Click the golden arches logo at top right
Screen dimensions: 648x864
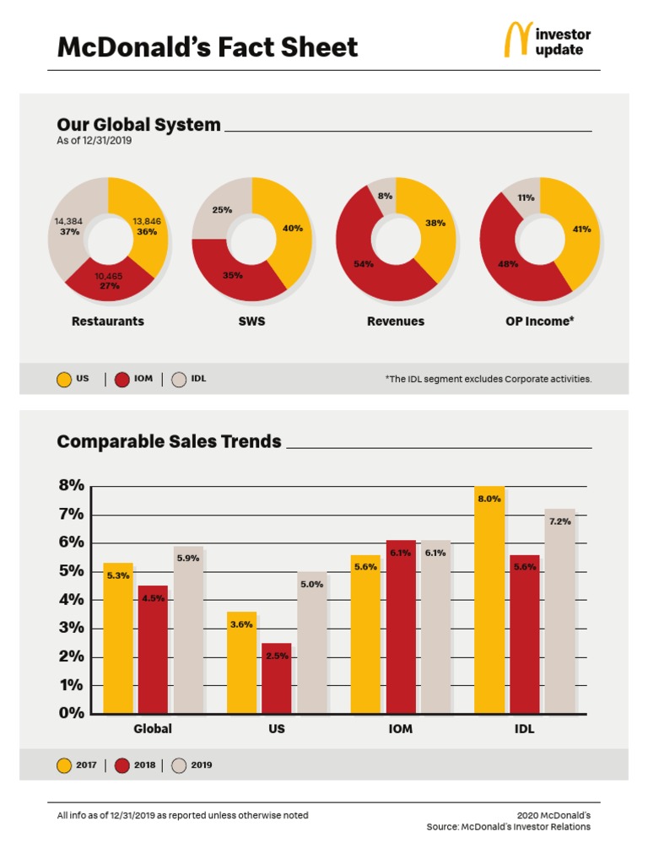click(518, 39)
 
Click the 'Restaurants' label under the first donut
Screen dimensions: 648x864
click(107, 321)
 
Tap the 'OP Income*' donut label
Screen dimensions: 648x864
click(539, 321)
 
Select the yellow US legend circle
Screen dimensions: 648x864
click(64, 380)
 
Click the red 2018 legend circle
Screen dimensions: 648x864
click(121, 766)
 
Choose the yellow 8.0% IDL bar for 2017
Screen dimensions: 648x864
click(489, 600)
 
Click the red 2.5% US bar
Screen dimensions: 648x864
click(277, 678)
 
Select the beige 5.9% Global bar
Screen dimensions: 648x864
click(188, 630)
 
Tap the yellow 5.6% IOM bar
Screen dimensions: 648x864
click(365, 634)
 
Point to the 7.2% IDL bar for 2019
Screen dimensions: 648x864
click(560, 612)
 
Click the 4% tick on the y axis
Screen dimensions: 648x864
click(71, 600)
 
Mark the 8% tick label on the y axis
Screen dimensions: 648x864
click(71, 485)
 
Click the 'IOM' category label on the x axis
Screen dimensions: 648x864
click(400, 729)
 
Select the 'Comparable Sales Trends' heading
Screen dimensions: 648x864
click(169, 441)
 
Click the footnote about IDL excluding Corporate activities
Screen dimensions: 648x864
click(489, 379)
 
